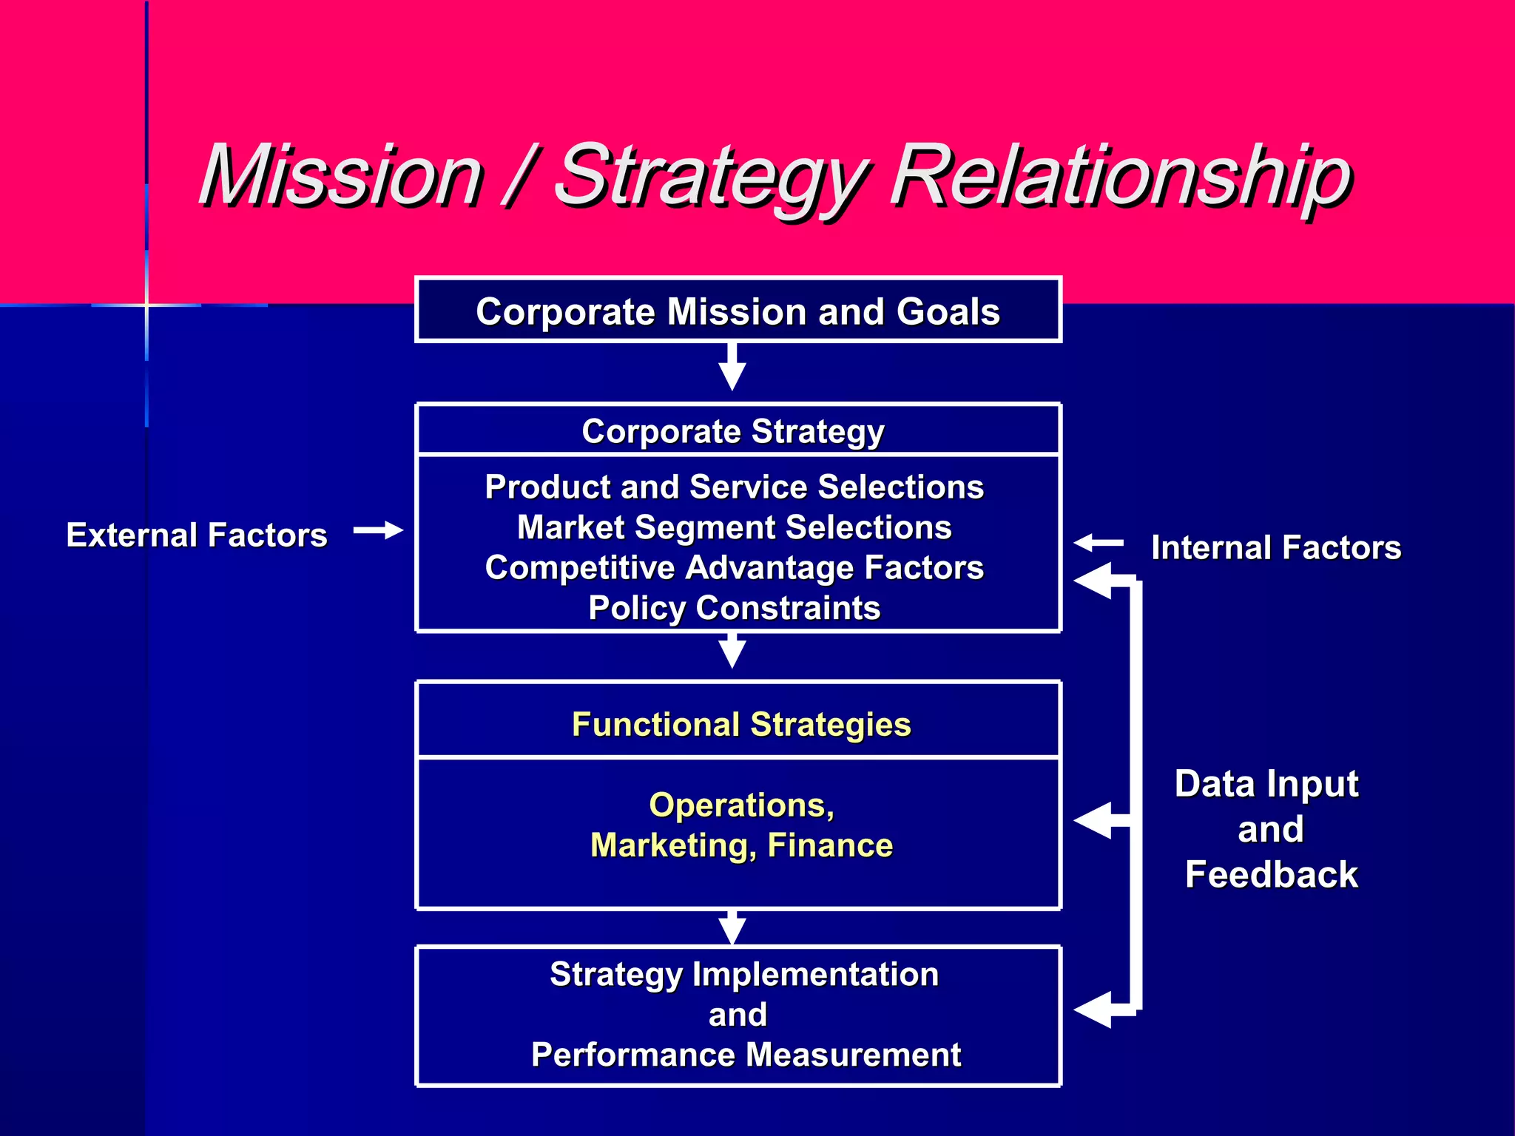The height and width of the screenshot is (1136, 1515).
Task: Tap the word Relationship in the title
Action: (x=1121, y=177)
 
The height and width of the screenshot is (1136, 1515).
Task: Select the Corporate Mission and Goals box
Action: (x=738, y=311)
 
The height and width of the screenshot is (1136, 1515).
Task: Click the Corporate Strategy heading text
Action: (x=732, y=431)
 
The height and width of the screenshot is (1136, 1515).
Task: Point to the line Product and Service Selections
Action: (x=734, y=487)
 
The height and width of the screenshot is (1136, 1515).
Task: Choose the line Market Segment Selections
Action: (x=734, y=527)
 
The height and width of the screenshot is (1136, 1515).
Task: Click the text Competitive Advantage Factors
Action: (x=734, y=568)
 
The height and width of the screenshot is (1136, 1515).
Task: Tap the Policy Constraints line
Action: (x=734, y=608)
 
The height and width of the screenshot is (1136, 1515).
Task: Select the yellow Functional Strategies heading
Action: (x=741, y=724)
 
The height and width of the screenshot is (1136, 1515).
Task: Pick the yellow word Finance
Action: (x=830, y=845)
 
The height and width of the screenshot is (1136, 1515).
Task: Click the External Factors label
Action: (x=197, y=535)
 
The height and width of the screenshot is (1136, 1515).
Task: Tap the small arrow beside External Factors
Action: (x=379, y=530)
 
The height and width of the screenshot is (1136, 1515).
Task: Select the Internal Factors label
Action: (x=1276, y=548)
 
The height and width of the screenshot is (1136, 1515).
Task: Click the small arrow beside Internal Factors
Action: (x=1098, y=543)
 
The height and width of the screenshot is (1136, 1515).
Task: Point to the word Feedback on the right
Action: (x=1272, y=874)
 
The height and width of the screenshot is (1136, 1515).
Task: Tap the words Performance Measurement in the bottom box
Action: (x=746, y=1055)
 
